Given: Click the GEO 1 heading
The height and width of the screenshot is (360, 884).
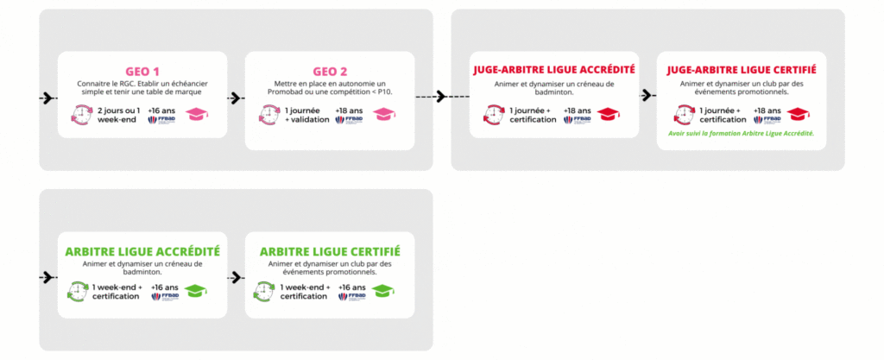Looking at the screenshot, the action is click(142, 73).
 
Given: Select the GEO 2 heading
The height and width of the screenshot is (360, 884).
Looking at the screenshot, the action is click(330, 73).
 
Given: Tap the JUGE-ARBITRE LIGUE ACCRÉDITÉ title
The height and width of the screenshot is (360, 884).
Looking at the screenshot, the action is click(554, 70).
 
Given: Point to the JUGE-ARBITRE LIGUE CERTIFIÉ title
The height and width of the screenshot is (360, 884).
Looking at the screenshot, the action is click(742, 70).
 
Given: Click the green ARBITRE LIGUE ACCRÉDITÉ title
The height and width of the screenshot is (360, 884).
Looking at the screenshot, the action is click(142, 251).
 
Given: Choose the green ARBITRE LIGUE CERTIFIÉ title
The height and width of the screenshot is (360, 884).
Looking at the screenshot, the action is click(330, 251).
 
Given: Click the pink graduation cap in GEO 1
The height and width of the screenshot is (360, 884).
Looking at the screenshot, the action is click(198, 114).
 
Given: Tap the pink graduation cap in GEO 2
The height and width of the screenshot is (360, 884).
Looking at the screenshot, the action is click(384, 114).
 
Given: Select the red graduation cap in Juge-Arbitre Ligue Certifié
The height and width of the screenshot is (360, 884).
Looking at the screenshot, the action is click(798, 114).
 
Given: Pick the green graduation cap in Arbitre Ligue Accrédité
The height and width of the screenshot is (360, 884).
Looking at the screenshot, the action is click(196, 291).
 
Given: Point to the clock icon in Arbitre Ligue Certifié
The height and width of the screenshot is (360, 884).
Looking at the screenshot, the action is click(264, 291).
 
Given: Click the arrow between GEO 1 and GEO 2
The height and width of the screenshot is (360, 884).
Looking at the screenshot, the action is click(236, 98).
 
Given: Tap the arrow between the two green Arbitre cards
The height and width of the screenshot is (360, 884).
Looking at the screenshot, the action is click(236, 277).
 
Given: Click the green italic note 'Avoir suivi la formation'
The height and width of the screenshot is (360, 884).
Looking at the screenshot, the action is click(741, 134).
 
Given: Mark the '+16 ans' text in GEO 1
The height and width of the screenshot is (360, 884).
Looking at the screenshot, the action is click(158, 110).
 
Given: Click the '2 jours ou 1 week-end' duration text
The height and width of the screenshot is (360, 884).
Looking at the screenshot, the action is click(119, 115).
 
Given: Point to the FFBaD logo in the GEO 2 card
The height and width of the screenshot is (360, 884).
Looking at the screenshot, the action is click(349, 120).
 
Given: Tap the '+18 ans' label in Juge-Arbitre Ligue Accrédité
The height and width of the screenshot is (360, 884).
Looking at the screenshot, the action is click(578, 110).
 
